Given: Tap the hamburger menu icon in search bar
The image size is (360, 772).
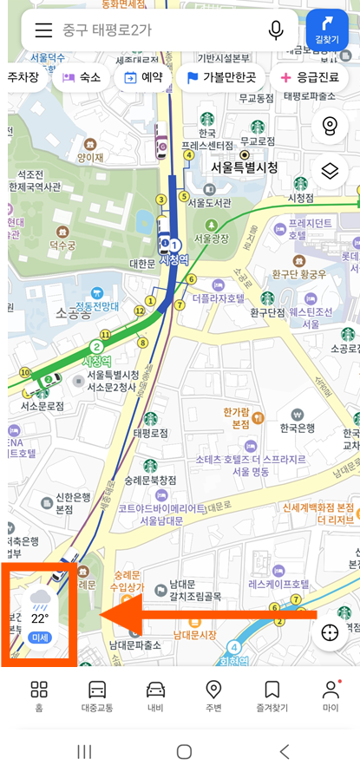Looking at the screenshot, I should (44, 30).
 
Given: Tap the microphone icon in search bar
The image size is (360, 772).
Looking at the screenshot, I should (276, 30).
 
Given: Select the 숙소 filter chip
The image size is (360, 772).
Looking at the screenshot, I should (81, 77).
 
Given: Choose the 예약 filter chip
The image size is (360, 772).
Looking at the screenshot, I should (140, 77).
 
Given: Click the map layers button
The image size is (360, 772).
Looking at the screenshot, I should (329, 171).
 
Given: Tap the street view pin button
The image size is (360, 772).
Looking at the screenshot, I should (329, 127).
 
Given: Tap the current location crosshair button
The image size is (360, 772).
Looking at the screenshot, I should (329, 632).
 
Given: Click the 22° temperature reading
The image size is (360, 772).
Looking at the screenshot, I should (40, 619).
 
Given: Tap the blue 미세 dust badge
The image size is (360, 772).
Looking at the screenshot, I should (40, 638).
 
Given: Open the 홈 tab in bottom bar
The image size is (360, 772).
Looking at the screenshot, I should (39, 697).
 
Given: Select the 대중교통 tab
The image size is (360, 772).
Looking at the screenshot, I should (97, 697).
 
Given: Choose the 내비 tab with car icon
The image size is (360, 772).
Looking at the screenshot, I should (155, 697).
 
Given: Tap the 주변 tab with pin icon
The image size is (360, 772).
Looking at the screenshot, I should (213, 697).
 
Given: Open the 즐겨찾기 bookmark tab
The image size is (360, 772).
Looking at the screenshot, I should (272, 697).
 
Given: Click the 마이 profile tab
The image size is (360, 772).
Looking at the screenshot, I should (331, 697).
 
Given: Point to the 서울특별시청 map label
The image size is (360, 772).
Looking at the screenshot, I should (244, 167).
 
